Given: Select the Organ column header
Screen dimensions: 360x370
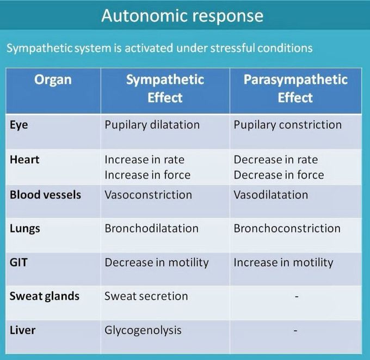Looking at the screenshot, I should [53, 80].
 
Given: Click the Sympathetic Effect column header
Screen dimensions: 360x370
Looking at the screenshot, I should [165, 89].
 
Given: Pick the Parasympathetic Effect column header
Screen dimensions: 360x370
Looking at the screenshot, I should [295, 89].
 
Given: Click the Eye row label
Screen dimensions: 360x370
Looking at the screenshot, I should [18, 125].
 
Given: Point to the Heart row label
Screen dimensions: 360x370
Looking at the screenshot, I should [24, 160].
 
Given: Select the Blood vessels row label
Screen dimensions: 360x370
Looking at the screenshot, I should [45, 194].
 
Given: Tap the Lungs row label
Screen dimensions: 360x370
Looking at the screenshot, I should [24, 228].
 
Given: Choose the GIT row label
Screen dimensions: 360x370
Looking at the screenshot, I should [18, 262].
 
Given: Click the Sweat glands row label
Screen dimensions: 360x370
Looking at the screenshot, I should [45, 296].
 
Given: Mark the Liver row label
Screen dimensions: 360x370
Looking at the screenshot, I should [22, 330].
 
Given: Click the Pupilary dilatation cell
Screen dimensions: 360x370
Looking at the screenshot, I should [152, 125].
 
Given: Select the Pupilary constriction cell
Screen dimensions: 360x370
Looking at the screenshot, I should [287, 125].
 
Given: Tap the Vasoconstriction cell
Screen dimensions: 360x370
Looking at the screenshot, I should [148, 194].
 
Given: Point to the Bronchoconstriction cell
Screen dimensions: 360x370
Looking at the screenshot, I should [287, 228].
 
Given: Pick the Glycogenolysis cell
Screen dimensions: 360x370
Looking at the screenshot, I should [143, 330].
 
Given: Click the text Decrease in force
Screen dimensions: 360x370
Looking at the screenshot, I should [279, 175].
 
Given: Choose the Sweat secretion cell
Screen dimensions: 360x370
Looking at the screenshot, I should [146, 296].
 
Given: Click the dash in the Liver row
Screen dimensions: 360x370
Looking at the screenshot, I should [295, 330].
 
